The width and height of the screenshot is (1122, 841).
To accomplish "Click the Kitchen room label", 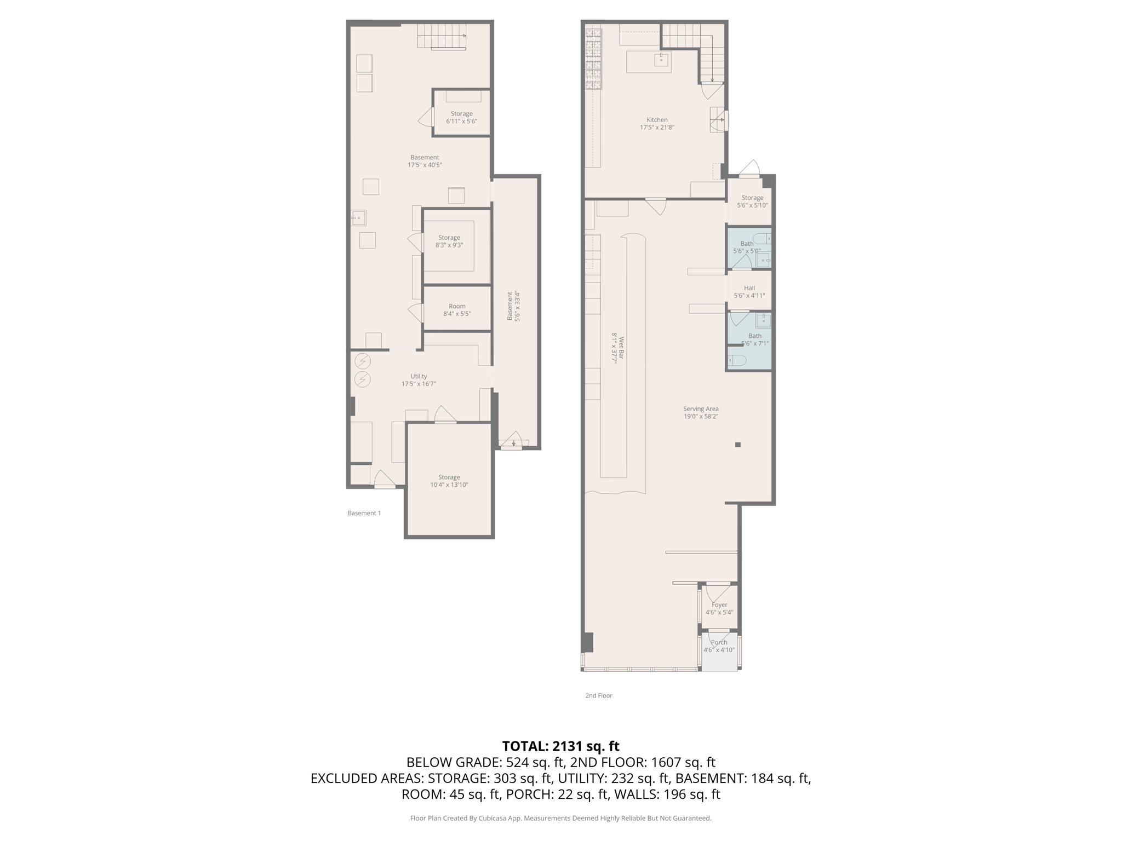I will (x=657, y=123).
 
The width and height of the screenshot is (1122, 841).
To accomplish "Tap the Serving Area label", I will (x=701, y=412).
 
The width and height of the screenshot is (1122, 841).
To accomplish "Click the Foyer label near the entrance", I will (x=719, y=608).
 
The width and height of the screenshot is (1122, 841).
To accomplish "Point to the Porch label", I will (x=719, y=646).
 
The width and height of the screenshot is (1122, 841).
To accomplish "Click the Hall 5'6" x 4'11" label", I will (x=749, y=291).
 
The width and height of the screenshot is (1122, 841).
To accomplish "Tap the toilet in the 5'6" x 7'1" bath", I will (x=737, y=360).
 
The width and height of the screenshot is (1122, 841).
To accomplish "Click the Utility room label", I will (x=419, y=380).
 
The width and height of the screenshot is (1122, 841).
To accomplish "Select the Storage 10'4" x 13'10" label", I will (x=449, y=481).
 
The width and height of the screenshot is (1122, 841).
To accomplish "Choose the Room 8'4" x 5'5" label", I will (x=457, y=310).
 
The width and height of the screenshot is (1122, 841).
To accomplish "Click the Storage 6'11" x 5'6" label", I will (x=461, y=117).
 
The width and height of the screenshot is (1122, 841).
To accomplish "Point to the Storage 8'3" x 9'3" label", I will (x=449, y=241).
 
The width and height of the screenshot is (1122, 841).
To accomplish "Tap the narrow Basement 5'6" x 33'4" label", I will (x=513, y=306).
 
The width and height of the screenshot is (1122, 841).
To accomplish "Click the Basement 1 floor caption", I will (x=364, y=513).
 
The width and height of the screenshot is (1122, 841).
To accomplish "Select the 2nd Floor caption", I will (x=598, y=695).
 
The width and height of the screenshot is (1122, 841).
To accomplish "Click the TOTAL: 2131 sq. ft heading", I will (x=560, y=746).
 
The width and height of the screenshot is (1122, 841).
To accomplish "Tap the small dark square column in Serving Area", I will (x=738, y=445).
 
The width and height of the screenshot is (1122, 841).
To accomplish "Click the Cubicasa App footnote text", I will (x=560, y=818).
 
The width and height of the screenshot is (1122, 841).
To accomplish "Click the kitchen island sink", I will (x=661, y=59).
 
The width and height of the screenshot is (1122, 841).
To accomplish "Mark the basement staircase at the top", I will (x=442, y=36).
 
